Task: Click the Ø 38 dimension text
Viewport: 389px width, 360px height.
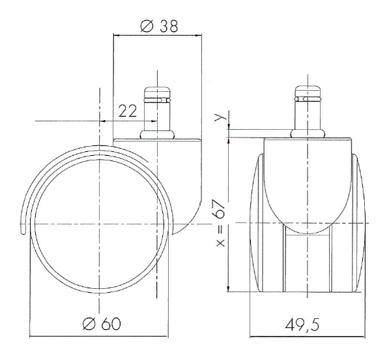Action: point(159,26)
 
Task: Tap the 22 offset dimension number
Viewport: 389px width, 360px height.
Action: point(128,111)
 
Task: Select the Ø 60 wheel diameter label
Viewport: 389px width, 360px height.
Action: point(102,324)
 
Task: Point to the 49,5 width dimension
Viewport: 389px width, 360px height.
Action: point(302,325)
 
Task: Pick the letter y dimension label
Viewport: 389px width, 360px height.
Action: point(220,116)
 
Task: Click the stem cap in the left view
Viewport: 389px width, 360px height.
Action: point(157,92)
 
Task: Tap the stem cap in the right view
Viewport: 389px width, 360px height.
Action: point(308,91)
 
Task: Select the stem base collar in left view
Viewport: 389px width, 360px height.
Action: point(157,135)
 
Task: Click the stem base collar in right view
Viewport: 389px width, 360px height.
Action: point(308,134)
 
